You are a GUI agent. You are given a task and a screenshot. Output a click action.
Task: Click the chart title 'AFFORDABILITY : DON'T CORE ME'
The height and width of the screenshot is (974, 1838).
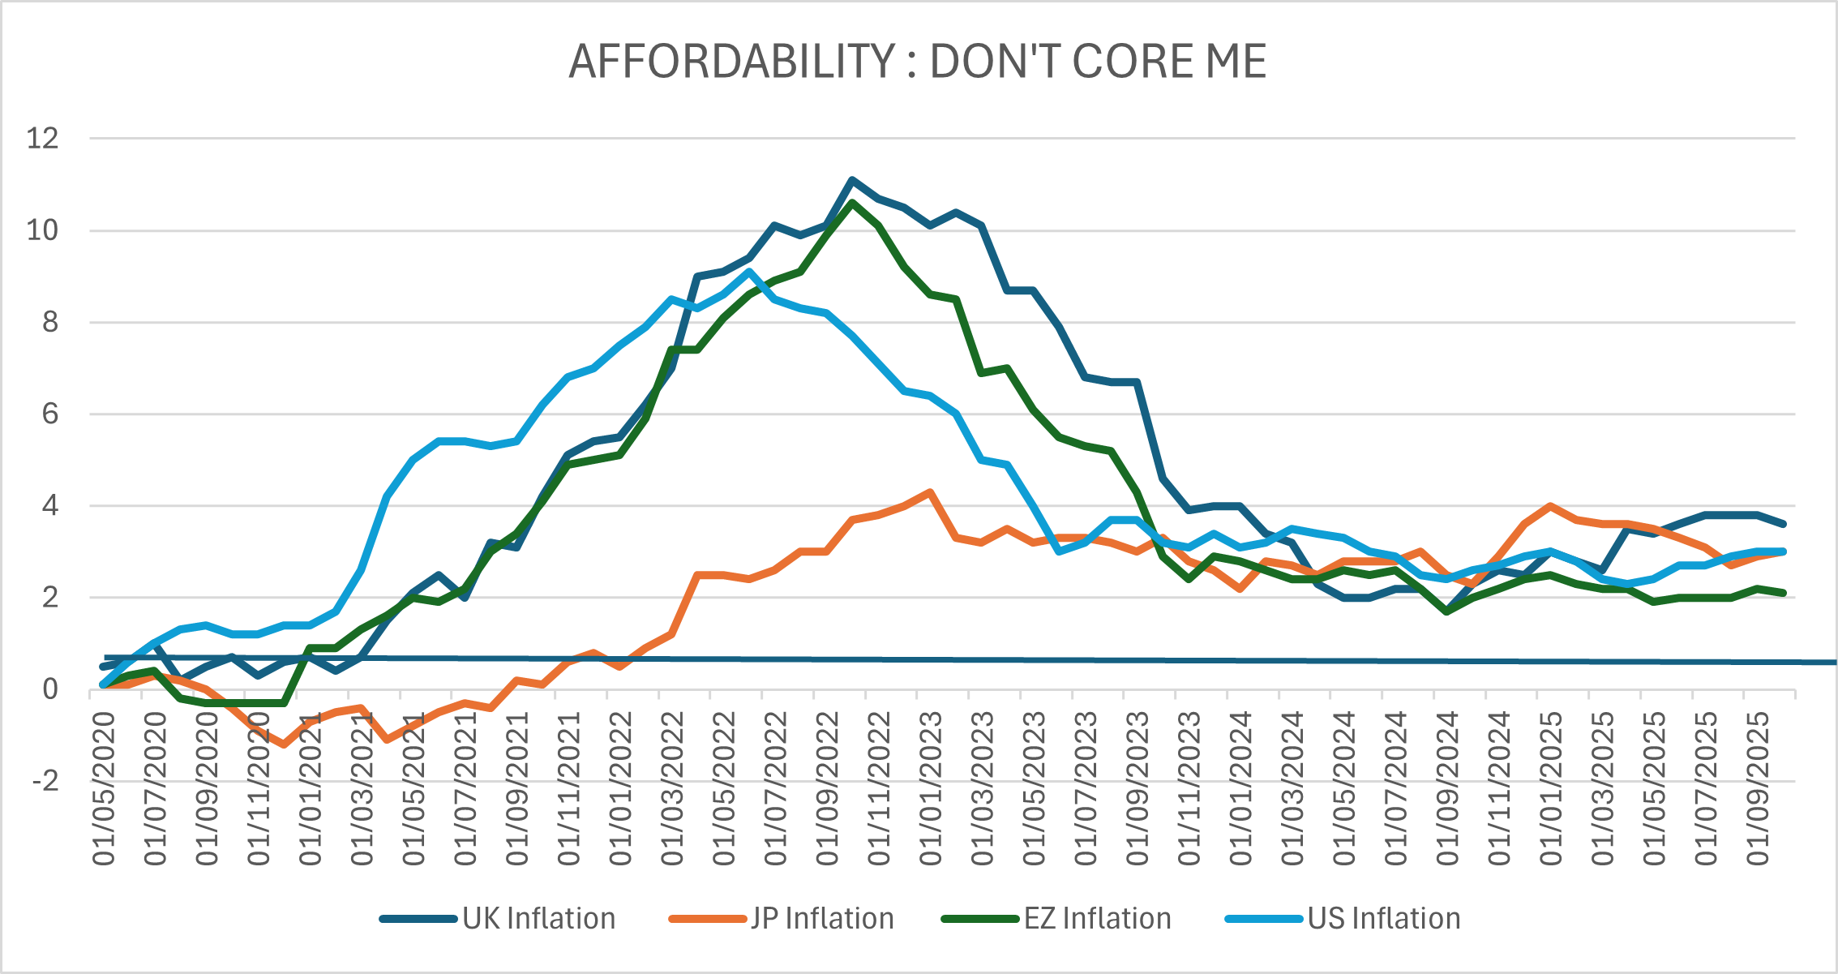pos(917,62)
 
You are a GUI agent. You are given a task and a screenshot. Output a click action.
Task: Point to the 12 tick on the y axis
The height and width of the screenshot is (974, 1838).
pos(43,139)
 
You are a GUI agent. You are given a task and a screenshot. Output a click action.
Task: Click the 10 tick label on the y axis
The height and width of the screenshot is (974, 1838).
pos(43,230)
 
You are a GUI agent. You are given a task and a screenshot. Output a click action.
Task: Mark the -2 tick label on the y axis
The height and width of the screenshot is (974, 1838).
pos(45,781)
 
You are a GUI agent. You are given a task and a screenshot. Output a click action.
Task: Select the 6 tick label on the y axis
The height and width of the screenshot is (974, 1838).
pos(50,414)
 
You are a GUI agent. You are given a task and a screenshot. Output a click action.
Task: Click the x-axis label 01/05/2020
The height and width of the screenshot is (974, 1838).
pos(105,789)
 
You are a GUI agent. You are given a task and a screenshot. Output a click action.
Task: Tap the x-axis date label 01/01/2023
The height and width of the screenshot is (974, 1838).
pos(931,789)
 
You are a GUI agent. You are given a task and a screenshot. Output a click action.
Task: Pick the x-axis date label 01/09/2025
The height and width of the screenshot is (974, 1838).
pos(1758,789)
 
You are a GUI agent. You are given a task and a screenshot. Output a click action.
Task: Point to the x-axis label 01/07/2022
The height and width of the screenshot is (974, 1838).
pos(776,789)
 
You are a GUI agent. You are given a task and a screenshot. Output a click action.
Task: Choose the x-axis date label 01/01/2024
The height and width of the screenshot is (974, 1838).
pos(1240,789)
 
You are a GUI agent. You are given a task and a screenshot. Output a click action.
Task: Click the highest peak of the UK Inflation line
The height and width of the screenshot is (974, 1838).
pos(852,180)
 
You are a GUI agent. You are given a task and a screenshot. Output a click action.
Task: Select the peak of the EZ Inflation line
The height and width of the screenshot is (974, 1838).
pos(852,203)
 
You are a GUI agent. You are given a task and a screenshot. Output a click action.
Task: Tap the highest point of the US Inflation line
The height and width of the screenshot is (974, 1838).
pos(749,272)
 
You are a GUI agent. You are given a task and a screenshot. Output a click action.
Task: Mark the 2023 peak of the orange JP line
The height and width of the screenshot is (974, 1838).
pos(930,491)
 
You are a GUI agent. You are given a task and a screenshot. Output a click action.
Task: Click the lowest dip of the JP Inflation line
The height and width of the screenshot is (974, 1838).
pos(284,744)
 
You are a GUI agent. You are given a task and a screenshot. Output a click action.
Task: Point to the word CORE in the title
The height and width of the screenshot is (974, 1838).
pos(1129,62)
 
